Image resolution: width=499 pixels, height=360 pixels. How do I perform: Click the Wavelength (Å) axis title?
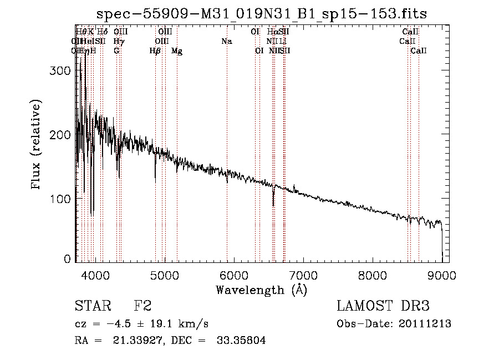[261, 289]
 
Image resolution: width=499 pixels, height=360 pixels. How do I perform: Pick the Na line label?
[226, 42]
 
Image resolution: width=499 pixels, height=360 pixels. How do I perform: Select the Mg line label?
[177, 51]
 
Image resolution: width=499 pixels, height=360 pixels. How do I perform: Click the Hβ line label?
[155, 51]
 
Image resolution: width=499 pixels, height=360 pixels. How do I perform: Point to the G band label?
[116, 51]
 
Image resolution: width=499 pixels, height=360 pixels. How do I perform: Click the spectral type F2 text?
[142, 307]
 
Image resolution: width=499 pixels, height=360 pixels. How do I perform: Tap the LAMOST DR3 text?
[383, 307]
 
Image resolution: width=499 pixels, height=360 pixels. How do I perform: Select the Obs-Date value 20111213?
[427, 324]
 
